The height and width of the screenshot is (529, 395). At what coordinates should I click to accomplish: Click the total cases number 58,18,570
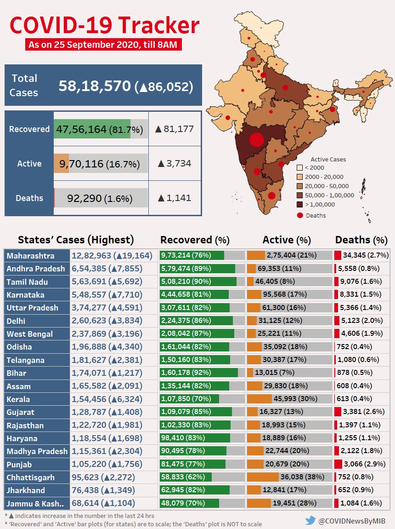[95, 86]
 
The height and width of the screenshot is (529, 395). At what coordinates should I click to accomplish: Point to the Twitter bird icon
[310, 520]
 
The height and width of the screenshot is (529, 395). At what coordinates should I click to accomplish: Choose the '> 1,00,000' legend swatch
[299, 204]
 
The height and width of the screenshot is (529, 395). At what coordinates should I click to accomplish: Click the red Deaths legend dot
[299, 215]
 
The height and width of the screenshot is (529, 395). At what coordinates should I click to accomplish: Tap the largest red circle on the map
[256, 139]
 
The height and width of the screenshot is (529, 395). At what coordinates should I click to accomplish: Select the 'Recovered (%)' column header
[195, 240]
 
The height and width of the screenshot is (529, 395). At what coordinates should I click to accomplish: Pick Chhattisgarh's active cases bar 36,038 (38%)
[289, 477]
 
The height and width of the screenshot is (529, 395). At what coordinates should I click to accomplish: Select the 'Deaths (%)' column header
[361, 240]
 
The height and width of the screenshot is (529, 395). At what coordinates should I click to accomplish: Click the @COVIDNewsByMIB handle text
[352, 521]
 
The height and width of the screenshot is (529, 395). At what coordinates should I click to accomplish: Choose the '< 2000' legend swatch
[299, 168]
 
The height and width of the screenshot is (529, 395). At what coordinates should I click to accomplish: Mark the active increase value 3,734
[174, 163]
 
